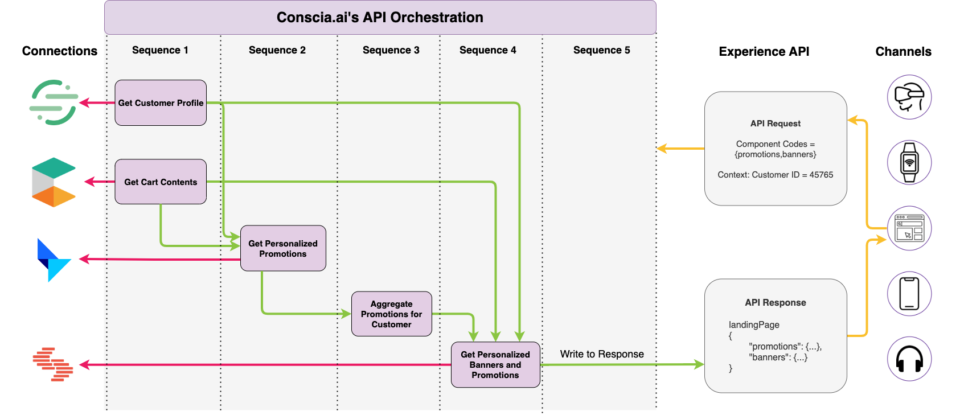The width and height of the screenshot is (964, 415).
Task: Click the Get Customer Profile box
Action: point(161,103)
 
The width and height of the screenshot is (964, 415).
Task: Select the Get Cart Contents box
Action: point(161,182)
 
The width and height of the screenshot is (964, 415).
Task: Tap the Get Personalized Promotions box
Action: point(283,248)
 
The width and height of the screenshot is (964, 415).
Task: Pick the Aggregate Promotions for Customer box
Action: point(392,314)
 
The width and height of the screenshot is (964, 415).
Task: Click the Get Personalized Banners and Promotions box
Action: point(495,365)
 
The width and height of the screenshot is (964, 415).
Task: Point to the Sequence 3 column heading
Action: point(391,50)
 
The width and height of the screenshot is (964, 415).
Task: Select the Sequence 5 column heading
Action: point(601,50)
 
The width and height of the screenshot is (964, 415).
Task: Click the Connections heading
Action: point(60,51)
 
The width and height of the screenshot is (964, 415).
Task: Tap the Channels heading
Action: point(903,51)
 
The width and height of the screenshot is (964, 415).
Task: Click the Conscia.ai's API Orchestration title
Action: point(380,17)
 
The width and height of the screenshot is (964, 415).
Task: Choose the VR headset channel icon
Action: point(909,97)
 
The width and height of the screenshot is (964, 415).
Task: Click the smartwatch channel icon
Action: point(909,163)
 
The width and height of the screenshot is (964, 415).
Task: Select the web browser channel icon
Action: point(909,228)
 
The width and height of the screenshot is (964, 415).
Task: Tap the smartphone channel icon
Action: point(909,294)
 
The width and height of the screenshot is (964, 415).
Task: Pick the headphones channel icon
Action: point(909,359)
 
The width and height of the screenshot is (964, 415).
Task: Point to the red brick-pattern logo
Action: point(53,364)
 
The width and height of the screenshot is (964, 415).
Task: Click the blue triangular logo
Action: point(54,260)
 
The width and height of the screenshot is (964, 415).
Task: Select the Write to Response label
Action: point(602,354)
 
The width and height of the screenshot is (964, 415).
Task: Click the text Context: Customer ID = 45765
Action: point(775,175)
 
